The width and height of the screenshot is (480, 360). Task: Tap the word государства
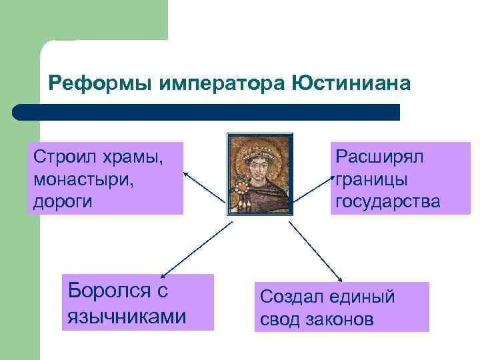388,201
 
